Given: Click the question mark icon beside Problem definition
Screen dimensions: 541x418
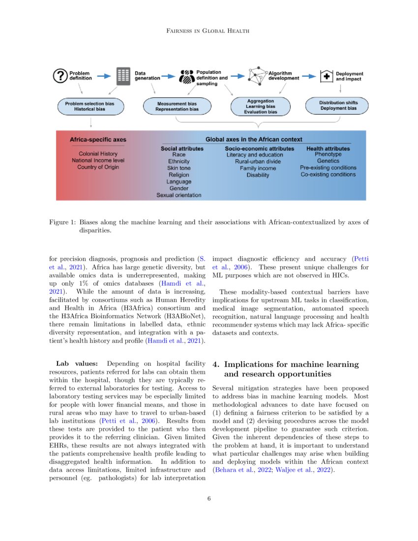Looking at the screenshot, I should point(60,76).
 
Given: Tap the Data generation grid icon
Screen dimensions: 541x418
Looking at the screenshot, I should point(122,76).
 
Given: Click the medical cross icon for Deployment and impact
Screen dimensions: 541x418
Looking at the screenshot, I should point(325,76).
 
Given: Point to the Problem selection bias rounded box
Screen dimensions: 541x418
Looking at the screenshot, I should point(90,106).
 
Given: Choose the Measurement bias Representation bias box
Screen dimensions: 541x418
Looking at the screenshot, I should point(177,107).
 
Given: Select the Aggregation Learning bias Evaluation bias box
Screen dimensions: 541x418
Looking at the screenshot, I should point(261,106).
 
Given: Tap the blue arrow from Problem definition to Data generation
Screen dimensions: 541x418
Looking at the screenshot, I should point(103,76).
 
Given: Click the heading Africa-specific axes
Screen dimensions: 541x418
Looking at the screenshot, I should point(98,140).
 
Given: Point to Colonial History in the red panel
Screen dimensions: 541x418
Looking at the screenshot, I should point(98,153).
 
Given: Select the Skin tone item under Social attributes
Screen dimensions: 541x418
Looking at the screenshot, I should point(179,168).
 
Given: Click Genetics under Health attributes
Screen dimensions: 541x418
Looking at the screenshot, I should point(328,161).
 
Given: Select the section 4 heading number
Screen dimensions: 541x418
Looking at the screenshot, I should point(216,364).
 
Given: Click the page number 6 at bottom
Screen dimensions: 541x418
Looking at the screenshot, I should point(209,499).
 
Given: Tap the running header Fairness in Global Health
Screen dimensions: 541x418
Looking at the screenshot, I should point(209,31).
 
